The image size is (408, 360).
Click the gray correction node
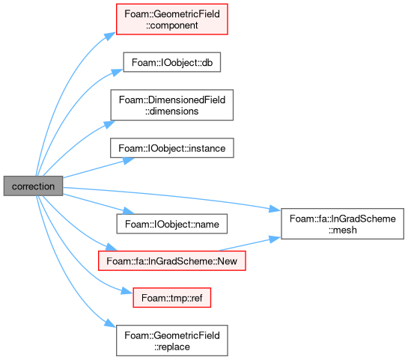click(x=33, y=186)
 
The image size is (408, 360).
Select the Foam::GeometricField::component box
click(x=172, y=19)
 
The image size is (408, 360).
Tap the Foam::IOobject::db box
click(x=172, y=62)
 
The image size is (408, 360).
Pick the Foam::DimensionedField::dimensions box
click(x=172, y=105)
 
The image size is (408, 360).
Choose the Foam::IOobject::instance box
click(x=172, y=148)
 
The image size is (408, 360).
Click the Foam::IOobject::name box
click(x=172, y=224)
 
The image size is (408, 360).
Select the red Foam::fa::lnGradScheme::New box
click(x=172, y=260)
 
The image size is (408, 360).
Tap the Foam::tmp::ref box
click(x=172, y=298)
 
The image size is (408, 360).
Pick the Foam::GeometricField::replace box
click(x=172, y=341)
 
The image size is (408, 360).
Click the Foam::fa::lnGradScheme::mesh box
click(x=342, y=224)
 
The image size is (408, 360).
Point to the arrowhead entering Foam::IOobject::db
click(x=118, y=72)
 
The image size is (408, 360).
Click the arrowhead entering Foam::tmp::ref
click(x=127, y=291)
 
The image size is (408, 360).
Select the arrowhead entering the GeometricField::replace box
click(x=110, y=323)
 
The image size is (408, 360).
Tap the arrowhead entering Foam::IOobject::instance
click(x=129, y=161)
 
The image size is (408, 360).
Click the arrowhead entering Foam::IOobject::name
click(x=129, y=210)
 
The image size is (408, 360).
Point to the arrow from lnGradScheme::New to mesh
click(x=250, y=243)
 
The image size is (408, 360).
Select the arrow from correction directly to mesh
click(x=171, y=195)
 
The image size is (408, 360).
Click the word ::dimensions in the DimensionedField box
click(x=172, y=111)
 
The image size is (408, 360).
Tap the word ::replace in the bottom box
click(x=172, y=347)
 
